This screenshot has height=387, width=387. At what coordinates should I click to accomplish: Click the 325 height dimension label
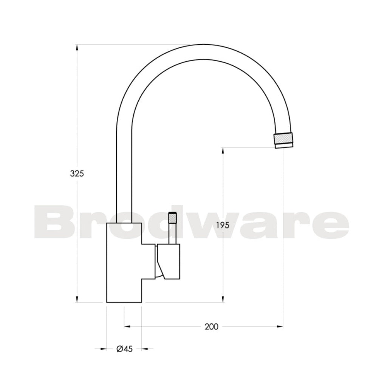coord(77,173)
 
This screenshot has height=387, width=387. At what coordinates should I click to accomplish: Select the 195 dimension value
coord(223,225)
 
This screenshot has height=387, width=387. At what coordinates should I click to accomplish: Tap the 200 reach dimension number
coord(211,327)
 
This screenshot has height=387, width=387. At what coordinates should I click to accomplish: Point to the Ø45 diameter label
coord(124,349)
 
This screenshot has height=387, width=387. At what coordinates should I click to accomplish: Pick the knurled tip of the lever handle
coord(172,218)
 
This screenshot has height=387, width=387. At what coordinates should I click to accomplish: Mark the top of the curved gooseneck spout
coord(204,51)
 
